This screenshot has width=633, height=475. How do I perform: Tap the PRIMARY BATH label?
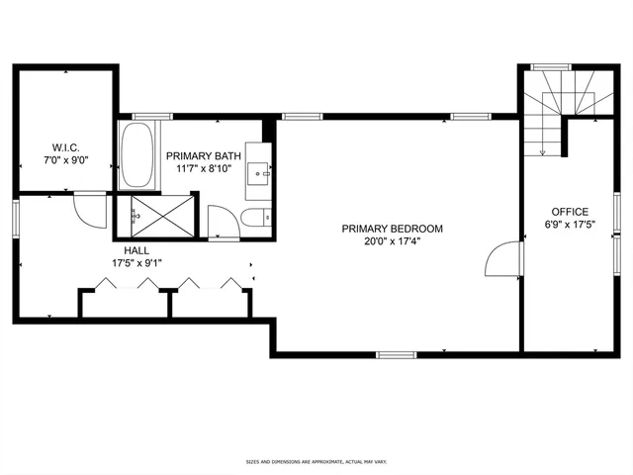202,156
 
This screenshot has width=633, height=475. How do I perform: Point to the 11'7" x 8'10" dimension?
202,170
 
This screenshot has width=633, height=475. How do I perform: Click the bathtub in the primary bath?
136,156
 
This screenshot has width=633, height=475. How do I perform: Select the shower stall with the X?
152,213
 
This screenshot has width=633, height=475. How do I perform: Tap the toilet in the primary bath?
252,218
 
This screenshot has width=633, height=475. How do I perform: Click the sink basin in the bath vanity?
262,172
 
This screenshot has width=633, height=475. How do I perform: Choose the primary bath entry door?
220,222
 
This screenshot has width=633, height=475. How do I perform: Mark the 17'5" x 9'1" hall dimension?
136,263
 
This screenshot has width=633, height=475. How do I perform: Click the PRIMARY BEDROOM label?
393,229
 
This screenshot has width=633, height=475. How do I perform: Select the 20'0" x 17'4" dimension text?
393,242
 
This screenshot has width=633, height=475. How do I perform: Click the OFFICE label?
571,211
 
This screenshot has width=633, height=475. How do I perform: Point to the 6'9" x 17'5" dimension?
571,225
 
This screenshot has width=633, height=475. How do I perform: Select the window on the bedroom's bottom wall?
396,353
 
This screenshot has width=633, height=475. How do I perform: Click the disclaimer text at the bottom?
316,461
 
